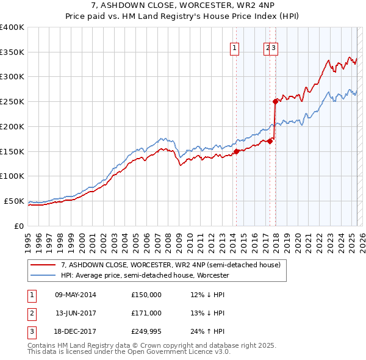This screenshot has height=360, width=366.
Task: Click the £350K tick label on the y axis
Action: point(12,52)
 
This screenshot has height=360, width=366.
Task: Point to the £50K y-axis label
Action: point(14,201)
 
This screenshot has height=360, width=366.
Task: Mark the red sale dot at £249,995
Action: point(276,102)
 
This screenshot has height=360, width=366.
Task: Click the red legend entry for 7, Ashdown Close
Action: point(170,265)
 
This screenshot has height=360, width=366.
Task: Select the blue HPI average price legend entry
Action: point(145,276)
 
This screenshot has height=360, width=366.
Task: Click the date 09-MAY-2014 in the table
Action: point(76,295)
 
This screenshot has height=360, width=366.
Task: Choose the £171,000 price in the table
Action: point(146,313)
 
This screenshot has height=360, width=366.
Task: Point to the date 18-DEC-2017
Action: point(76,331)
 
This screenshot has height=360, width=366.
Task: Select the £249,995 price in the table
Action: point(146,331)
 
